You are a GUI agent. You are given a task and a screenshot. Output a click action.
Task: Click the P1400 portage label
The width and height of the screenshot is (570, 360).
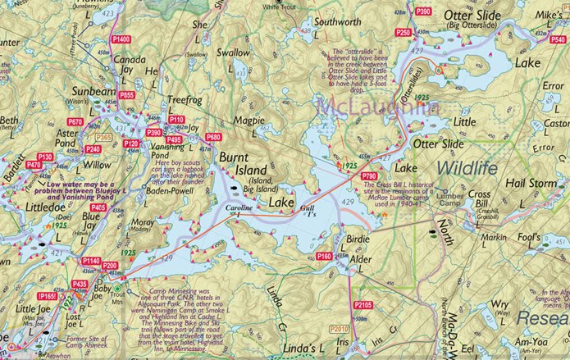click(x=120, y=39)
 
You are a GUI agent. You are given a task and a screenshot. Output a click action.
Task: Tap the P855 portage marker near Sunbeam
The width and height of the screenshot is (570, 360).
click(x=126, y=95)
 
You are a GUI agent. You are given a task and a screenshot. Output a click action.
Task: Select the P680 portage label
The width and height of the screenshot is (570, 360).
click(x=214, y=137)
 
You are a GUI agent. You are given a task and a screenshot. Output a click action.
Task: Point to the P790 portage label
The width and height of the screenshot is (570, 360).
click(x=369, y=176)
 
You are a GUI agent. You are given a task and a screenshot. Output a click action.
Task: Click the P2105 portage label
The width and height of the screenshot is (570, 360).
click(x=363, y=305)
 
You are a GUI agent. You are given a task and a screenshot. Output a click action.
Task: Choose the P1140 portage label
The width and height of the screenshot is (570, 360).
click(x=90, y=261)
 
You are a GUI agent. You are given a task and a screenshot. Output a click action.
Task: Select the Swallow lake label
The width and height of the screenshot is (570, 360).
click(x=232, y=75)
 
